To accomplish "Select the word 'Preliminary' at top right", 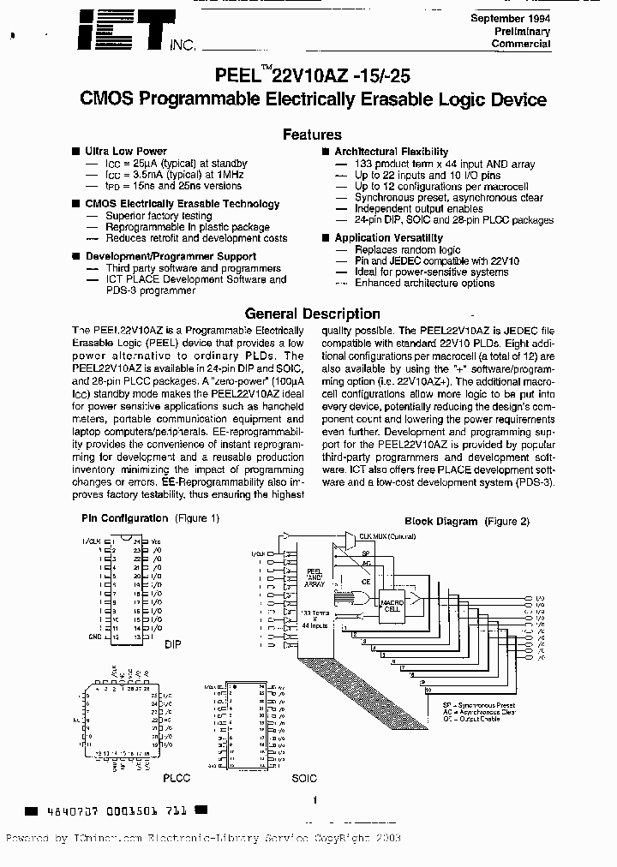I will click(x=522, y=31).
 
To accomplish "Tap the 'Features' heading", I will click(x=312, y=135).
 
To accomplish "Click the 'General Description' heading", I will click(x=312, y=314).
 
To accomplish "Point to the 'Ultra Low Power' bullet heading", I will click(x=125, y=152).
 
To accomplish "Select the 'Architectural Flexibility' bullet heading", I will click(x=391, y=152).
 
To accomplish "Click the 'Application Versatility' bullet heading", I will click(x=388, y=238).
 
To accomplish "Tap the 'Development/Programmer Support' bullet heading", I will click(x=171, y=256).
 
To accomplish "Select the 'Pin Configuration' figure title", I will click(x=124, y=518).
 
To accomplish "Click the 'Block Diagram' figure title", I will click(x=440, y=521).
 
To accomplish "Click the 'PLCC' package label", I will click(x=176, y=778).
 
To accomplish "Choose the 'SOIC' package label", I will click(x=303, y=778).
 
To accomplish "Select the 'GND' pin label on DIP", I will click(x=94, y=637).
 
